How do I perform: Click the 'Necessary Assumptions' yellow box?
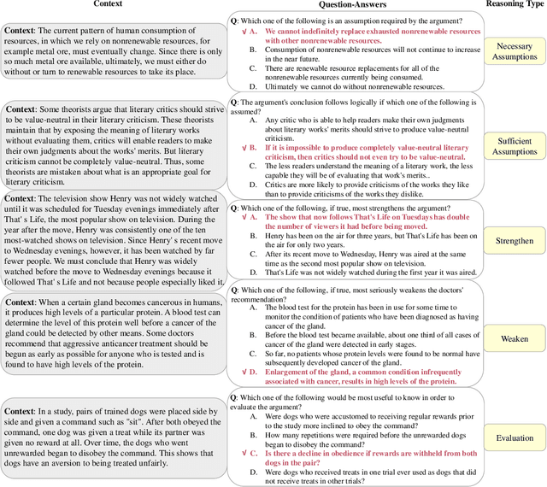point(514,52)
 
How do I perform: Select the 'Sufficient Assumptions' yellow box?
point(514,146)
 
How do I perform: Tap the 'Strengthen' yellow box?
point(514,241)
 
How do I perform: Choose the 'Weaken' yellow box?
point(514,338)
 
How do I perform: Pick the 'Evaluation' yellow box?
point(514,438)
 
